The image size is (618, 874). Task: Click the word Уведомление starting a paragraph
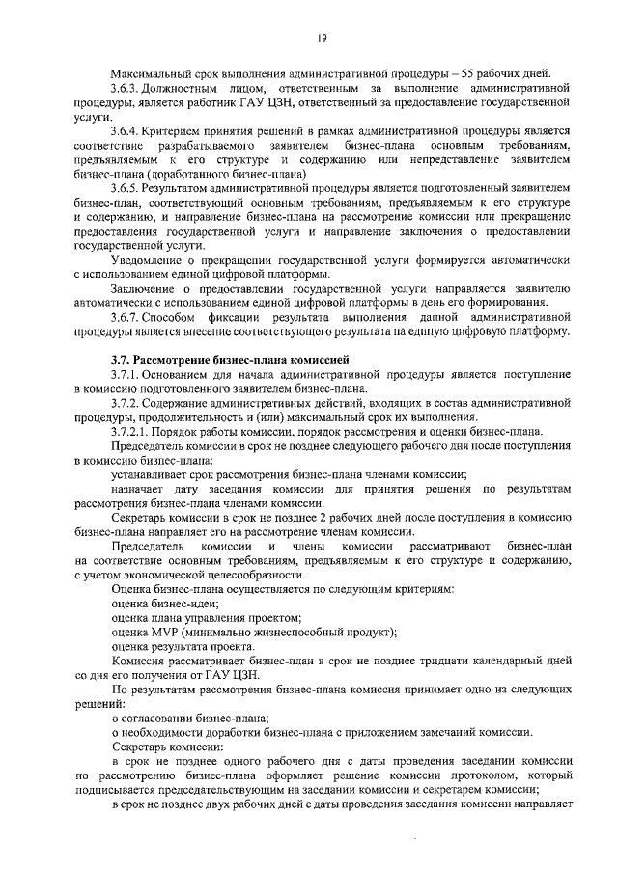coord(151,260)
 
